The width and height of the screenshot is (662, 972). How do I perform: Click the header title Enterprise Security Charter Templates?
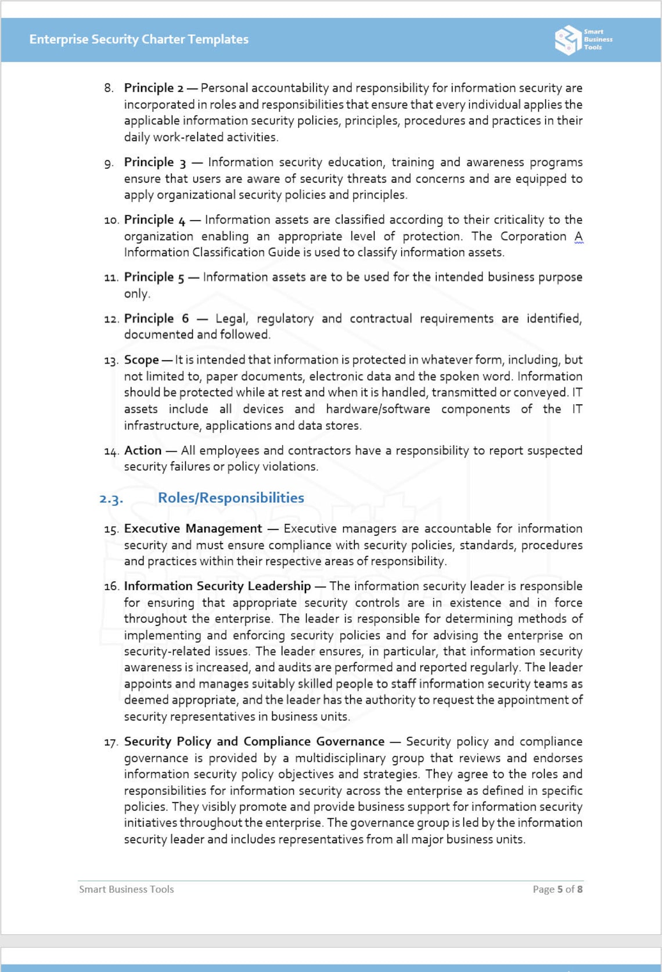pyautogui.click(x=139, y=39)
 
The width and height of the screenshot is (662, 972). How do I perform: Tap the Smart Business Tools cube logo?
pyautogui.click(x=567, y=40)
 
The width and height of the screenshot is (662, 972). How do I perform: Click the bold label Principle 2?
pyautogui.click(x=153, y=88)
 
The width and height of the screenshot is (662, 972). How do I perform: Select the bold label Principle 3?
pyautogui.click(x=154, y=163)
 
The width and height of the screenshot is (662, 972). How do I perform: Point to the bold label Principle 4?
pyautogui.click(x=154, y=220)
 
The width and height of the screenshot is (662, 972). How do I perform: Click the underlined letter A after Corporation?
pyautogui.click(x=578, y=237)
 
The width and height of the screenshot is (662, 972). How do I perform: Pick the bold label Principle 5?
pyautogui.click(x=154, y=278)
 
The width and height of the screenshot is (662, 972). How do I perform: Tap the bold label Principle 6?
pyautogui.click(x=156, y=319)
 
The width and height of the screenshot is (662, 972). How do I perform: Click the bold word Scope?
pyautogui.click(x=141, y=360)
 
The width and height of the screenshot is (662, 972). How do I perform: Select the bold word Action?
pyautogui.click(x=143, y=451)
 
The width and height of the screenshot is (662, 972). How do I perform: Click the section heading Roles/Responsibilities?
pyautogui.click(x=231, y=498)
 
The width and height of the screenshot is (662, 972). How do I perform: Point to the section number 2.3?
pyautogui.click(x=111, y=499)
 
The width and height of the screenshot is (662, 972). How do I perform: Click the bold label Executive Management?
pyautogui.click(x=193, y=529)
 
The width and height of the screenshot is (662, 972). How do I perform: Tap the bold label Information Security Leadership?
pyautogui.click(x=217, y=586)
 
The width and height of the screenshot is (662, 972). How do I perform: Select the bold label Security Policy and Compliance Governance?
pyautogui.click(x=254, y=742)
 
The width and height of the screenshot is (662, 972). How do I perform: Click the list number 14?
pyautogui.click(x=111, y=451)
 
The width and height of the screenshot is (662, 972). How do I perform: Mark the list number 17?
pyautogui.click(x=111, y=743)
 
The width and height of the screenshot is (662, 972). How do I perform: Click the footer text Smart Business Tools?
pyautogui.click(x=126, y=890)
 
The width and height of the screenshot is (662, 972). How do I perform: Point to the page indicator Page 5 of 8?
pyautogui.click(x=557, y=890)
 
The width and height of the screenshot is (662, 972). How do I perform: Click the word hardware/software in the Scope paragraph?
pyautogui.click(x=377, y=409)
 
